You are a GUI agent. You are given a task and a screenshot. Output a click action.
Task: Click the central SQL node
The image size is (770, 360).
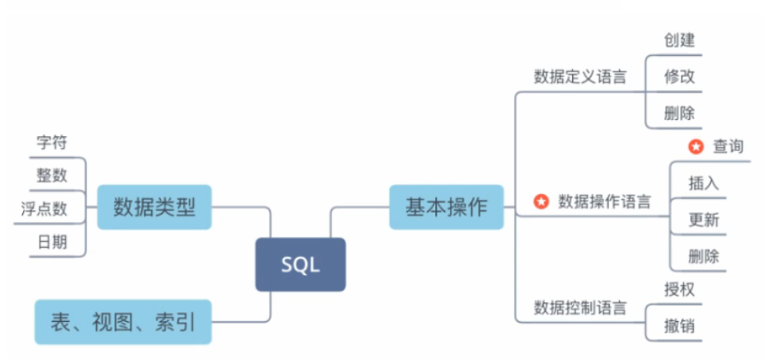(300, 264)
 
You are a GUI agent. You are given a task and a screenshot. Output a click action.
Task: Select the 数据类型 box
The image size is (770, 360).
(154, 206)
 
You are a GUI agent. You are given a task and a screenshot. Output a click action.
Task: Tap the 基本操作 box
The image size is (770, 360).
(446, 206)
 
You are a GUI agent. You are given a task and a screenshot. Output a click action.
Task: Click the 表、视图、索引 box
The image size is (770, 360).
(123, 321)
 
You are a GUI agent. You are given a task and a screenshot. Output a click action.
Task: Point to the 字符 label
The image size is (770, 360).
(51, 142)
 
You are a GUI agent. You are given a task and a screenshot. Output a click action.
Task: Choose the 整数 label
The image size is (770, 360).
(51, 175)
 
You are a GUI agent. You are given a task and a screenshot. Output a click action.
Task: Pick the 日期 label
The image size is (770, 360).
(51, 242)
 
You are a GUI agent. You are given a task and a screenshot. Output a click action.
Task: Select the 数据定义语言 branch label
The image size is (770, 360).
(580, 77)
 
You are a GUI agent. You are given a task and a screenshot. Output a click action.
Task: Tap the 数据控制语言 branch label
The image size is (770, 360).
(580, 309)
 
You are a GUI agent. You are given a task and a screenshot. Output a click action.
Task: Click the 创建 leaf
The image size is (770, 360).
(679, 40)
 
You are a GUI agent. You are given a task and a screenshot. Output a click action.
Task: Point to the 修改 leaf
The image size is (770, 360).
(679, 77)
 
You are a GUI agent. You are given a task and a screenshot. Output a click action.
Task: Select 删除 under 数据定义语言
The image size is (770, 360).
(679, 113)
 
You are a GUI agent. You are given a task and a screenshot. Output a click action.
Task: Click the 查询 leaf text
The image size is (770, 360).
(728, 147)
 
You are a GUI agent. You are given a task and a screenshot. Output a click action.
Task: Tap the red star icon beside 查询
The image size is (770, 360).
(696, 147)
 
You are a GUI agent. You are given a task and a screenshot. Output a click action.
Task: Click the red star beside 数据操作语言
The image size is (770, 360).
(541, 201)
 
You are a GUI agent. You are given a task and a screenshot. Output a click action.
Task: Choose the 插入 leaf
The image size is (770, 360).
(703, 182)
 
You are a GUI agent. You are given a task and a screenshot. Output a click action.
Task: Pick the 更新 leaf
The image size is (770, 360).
(703, 220)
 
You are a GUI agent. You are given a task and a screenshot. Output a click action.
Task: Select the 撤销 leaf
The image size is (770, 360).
(679, 325)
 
